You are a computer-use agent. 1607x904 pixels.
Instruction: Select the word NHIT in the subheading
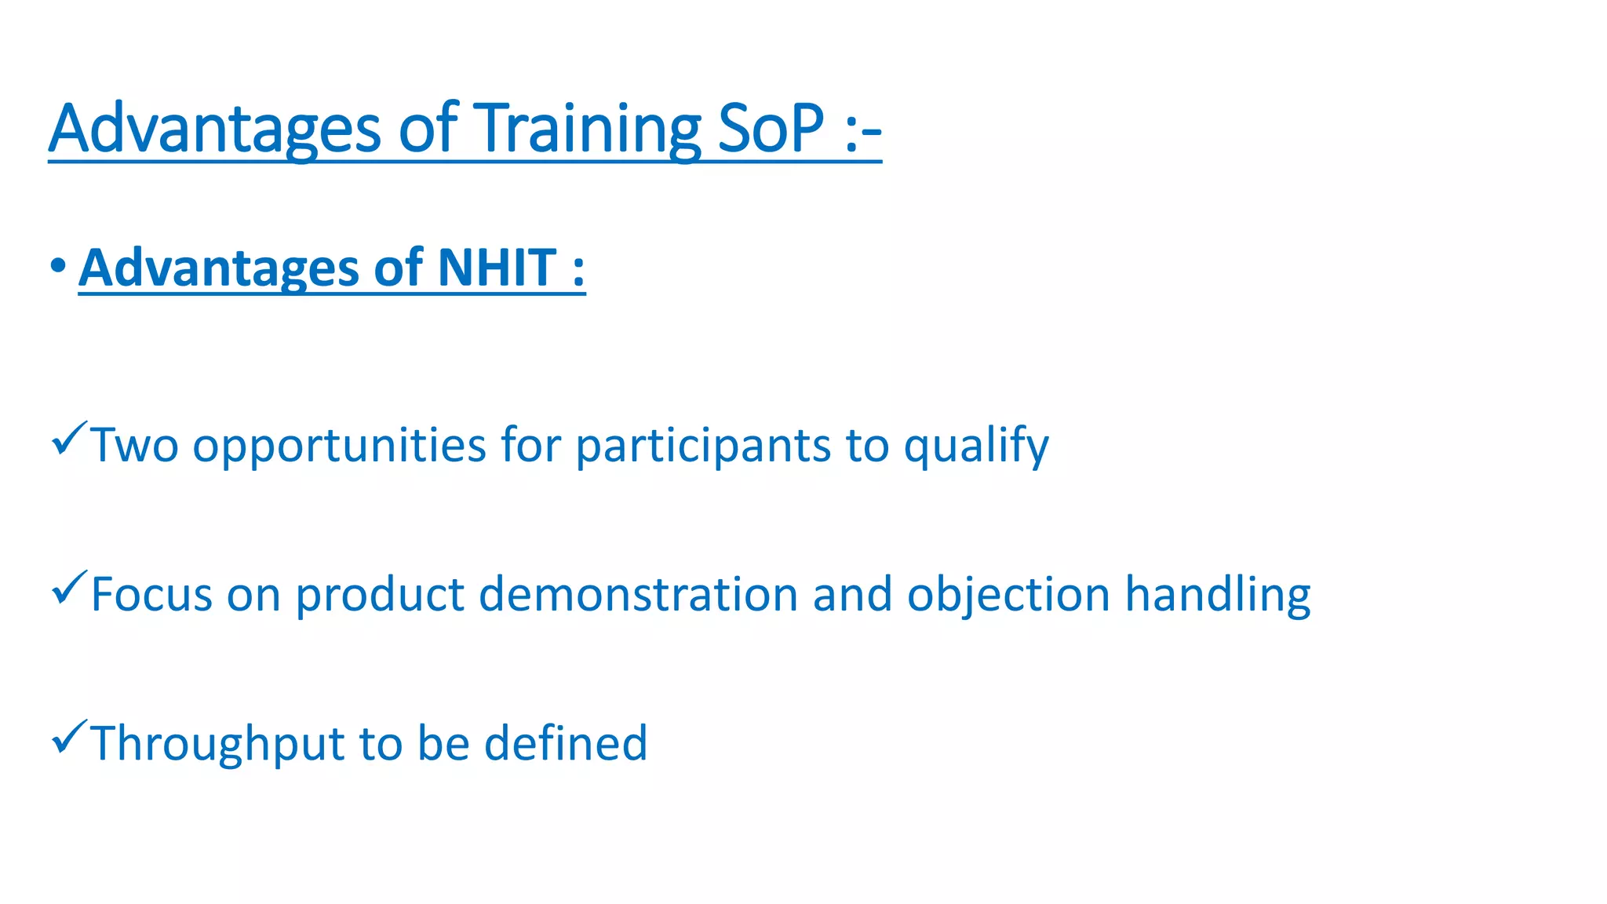[x=497, y=268]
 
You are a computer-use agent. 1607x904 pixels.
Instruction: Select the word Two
[x=135, y=445]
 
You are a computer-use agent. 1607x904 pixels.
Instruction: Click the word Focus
[x=151, y=594]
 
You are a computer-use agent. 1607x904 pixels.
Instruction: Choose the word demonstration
[x=638, y=594]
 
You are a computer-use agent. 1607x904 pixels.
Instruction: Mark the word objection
[x=1008, y=594]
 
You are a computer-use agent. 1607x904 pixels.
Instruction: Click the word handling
[x=1218, y=594]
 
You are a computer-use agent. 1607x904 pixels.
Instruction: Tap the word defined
[x=565, y=743]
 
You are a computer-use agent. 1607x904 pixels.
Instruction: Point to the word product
[x=380, y=594]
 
